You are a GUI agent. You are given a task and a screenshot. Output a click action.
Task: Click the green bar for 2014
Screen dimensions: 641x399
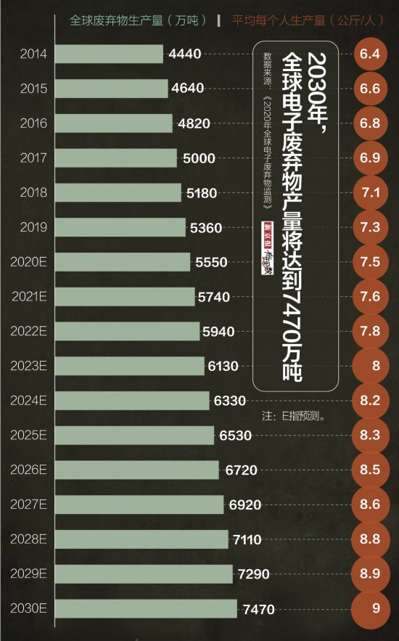pyautogui.click(x=109, y=54)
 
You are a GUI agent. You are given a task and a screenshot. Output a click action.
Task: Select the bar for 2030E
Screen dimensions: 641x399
pyautogui.click(x=146, y=608)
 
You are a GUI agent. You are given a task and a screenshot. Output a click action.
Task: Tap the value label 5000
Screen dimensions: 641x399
pyautogui.click(x=198, y=158)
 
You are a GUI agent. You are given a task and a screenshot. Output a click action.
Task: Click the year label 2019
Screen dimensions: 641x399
pyautogui.click(x=33, y=227)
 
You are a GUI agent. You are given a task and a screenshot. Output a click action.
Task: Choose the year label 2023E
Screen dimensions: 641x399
pyautogui.click(x=29, y=366)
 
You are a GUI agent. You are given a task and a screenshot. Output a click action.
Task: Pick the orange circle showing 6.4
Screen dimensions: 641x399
pyautogui.click(x=370, y=54)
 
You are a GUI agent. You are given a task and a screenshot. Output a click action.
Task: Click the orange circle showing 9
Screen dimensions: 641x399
pyautogui.click(x=376, y=608)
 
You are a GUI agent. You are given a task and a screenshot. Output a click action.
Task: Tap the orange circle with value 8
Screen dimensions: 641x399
pyautogui.click(x=376, y=366)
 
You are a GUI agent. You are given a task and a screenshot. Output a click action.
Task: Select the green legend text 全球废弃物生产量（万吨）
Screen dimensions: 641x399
pyautogui.click(x=138, y=20)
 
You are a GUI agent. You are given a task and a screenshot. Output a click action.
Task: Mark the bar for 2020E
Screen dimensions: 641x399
pyautogui.click(x=123, y=262)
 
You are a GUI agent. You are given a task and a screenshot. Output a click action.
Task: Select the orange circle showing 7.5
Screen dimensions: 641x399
pyautogui.click(x=370, y=262)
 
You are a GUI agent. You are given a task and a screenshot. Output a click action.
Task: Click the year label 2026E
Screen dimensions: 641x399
pyautogui.click(x=29, y=470)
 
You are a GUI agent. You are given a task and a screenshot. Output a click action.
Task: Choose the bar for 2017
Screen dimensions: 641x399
pyautogui.click(x=116, y=158)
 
